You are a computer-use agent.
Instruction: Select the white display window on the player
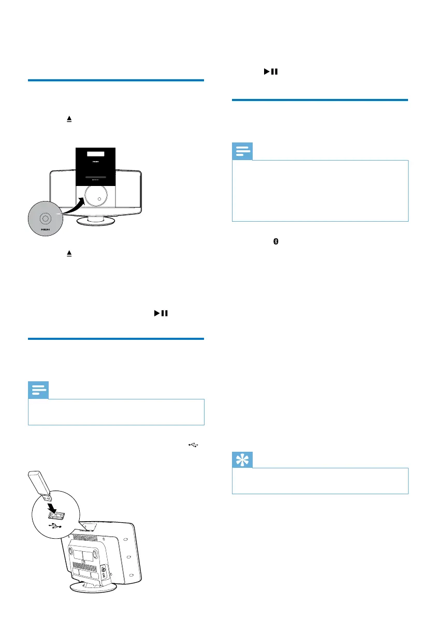tap(96, 154)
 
